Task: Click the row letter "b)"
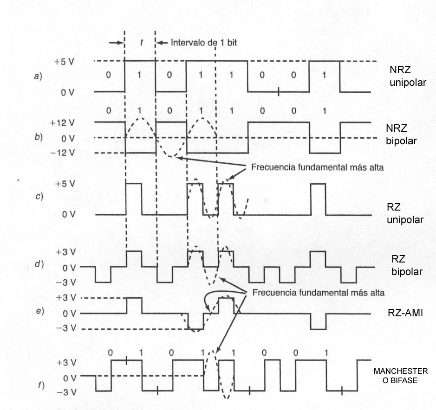coord(39,137)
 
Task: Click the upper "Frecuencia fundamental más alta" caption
coord(317,167)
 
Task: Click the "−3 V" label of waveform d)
coord(68,282)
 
